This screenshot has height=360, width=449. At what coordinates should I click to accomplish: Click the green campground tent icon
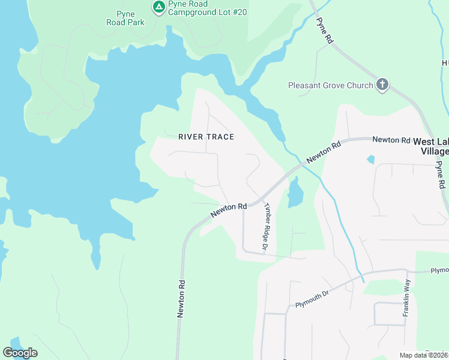pos(158,7)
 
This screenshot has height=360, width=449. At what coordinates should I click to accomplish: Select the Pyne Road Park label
pos(125,17)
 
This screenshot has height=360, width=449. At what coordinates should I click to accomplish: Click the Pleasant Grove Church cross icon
pos(382,85)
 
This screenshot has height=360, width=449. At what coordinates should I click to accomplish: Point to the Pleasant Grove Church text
pos(331,85)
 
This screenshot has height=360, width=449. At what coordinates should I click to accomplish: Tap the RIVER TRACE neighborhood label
pos(206,137)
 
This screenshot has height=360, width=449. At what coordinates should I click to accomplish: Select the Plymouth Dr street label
pos(313,299)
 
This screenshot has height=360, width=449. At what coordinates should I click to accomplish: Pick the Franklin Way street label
pos(406,298)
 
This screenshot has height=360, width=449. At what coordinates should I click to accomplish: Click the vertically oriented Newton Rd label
pos(181,298)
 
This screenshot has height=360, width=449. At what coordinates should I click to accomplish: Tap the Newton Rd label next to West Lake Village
pos(391,140)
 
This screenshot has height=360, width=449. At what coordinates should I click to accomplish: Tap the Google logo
pos(20,352)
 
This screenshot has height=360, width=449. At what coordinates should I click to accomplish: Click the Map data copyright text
pos(423,355)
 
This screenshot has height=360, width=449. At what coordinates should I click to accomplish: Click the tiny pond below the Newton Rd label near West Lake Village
pos(370,160)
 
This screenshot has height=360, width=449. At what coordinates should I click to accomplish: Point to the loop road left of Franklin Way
pos(390,313)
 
